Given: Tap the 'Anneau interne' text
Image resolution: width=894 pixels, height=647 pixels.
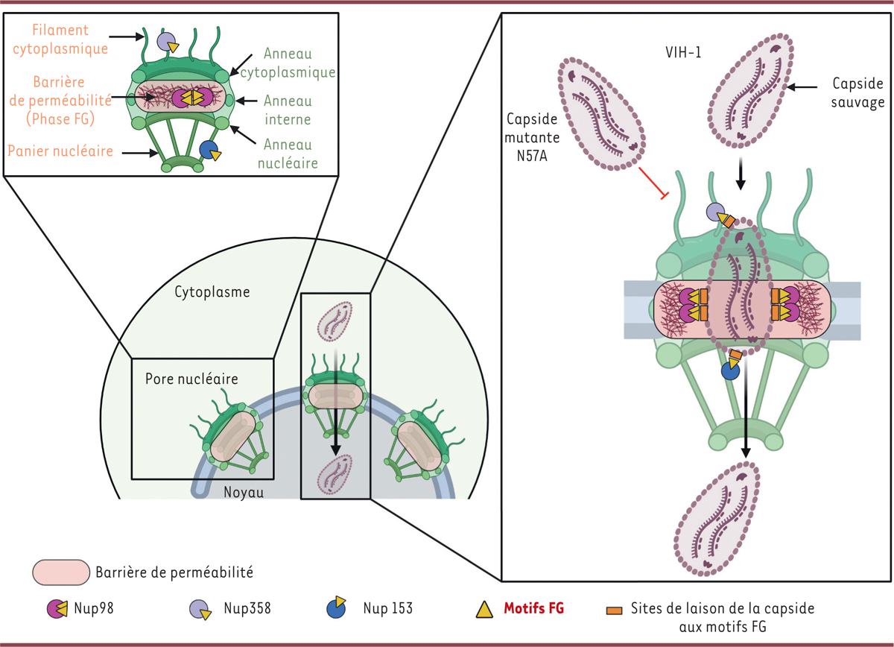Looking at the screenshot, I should click(287, 110).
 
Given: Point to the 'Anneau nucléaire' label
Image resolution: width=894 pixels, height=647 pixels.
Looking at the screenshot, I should click(287, 154).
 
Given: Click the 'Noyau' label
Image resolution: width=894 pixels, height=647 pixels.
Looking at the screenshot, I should click(244, 492).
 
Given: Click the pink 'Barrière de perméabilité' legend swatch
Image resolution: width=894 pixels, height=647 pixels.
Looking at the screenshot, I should click(61, 572).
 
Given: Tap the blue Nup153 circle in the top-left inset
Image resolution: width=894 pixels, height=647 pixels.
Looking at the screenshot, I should click(208, 150).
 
